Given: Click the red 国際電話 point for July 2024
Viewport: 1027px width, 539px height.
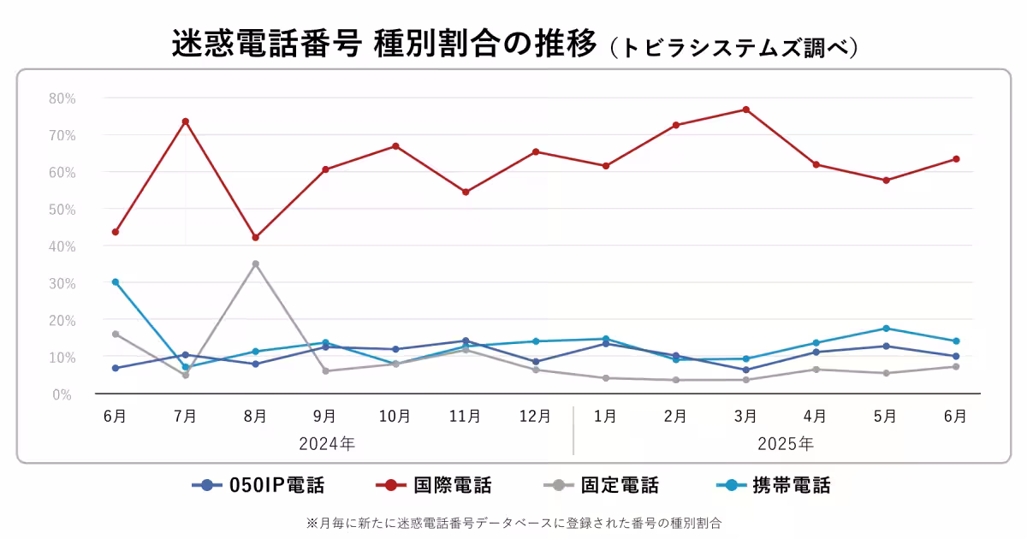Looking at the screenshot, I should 185,121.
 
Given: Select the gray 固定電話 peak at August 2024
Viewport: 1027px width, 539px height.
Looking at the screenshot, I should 255,264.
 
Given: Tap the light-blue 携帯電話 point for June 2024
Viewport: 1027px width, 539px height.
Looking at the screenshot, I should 116,281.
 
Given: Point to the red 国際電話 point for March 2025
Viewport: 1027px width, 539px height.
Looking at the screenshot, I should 745,110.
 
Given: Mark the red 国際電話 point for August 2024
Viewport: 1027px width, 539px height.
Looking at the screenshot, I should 255,237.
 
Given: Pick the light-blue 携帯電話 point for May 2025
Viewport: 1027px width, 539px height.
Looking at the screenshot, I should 886,329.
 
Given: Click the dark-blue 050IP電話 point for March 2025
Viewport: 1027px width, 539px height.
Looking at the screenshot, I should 745,370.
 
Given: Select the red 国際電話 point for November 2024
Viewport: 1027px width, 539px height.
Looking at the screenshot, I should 466,192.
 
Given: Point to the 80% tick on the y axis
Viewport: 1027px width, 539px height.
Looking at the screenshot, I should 62,98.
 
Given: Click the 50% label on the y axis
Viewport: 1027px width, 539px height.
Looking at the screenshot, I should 62,209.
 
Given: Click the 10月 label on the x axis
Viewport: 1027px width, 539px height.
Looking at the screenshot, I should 395,417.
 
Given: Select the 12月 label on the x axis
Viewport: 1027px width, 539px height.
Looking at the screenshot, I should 535,417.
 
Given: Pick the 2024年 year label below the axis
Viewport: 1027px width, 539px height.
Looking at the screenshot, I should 326,444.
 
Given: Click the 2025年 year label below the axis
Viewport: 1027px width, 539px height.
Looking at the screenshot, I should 785,444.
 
